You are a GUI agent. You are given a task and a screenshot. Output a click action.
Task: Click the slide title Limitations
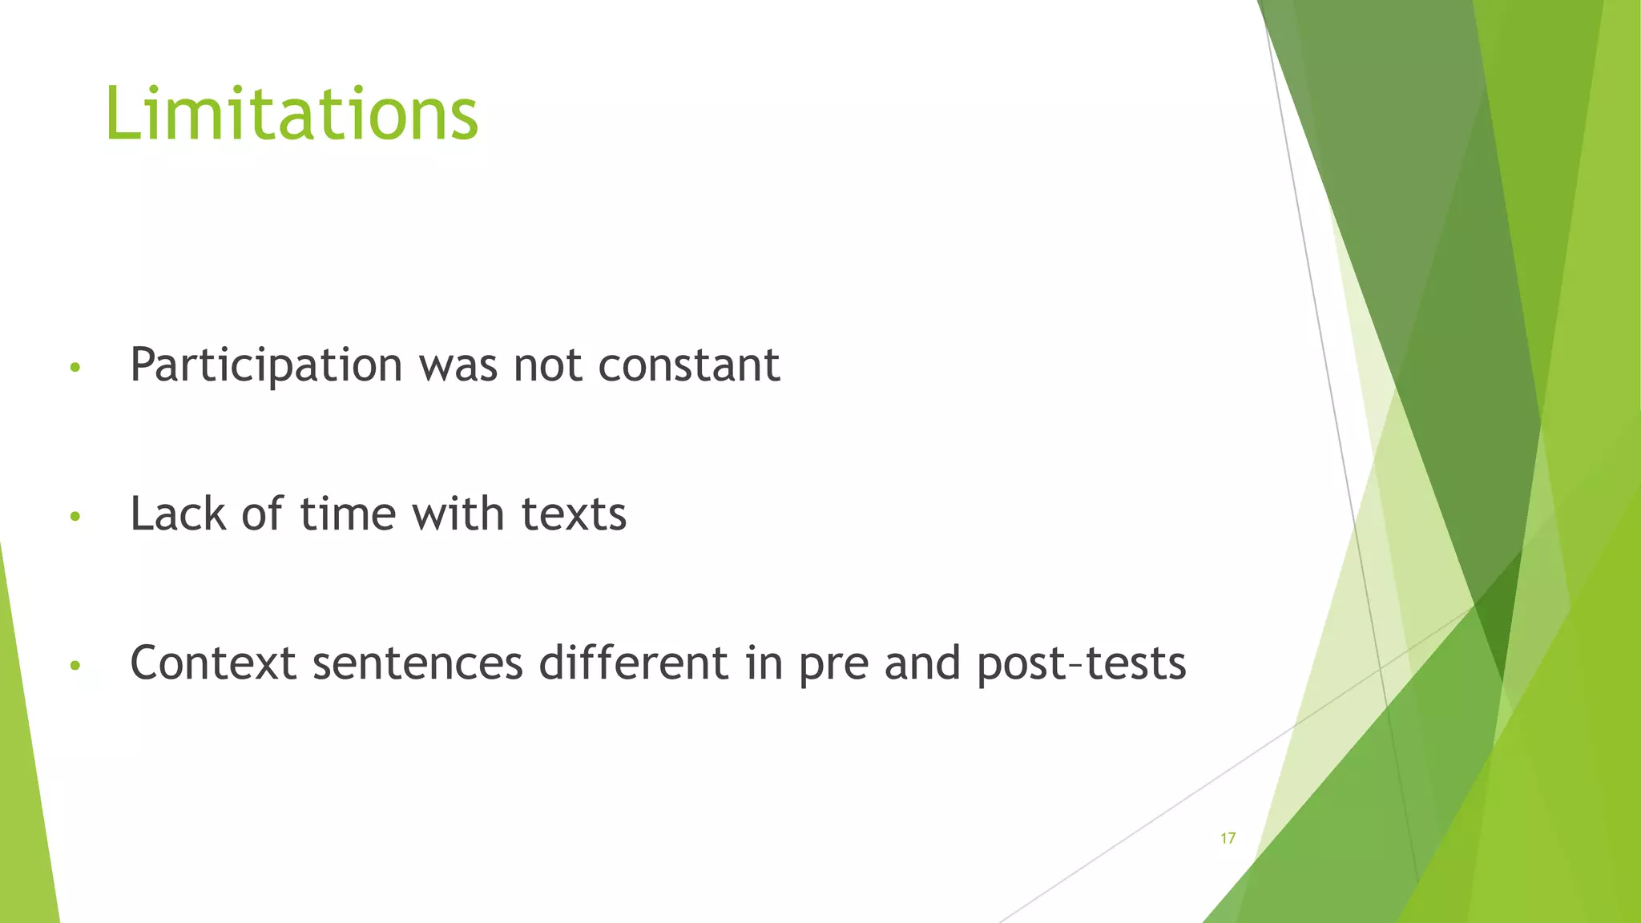292,114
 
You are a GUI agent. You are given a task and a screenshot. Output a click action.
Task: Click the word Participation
266,365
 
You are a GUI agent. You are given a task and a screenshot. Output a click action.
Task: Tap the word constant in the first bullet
689,365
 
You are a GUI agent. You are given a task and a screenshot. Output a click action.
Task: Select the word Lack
178,514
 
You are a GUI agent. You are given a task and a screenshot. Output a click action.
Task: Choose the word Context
213,663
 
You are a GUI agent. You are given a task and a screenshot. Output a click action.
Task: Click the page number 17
1228,839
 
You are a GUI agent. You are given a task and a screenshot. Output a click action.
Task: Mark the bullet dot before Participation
75,369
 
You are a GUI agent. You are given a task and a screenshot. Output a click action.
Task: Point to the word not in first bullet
548,365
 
